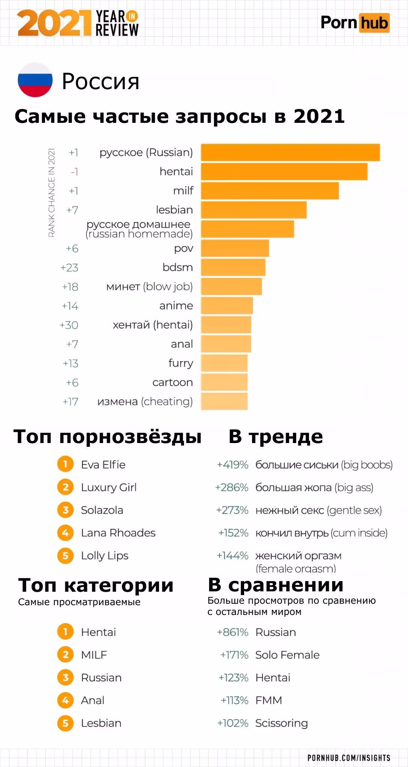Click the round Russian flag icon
pyautogui.click(x=35, y=80)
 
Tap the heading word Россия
pyautogui.click(x=100, y=81)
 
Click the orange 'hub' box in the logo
pyautogui.click(x=374, y=23)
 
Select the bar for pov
pyautogui.click(x=235, y=248)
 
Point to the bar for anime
pyautogui.click(x=227, y=306)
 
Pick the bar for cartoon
pyautogui.click(x=224, y=382)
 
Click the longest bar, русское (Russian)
pyautogui.click(x=290, y=152)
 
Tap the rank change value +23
pyautogui.click(x=69, y=268)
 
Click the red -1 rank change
pyautogui.click(x=74, y=172)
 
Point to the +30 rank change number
pyautogui.click(x=69, y=325)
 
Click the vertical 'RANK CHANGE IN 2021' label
pyautogui.click(x=52, y=193)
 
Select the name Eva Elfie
pyautogui.click(x=103, y=465)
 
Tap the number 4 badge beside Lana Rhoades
pyautogui.click(x=65, y=533)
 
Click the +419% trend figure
pyautogui.click(x=232, y=465)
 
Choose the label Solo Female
pyautogui.click(x=287, y=655)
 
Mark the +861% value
pyautogui.click(x=232, y=632)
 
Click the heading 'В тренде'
pyautogui.click(x=276, y=437)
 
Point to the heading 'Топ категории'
pyautogui.click(x=96, y=585)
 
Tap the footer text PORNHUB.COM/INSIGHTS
pyautogui.click(x=349, y=758)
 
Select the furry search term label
pyautogui.click(x=181, y=363)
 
